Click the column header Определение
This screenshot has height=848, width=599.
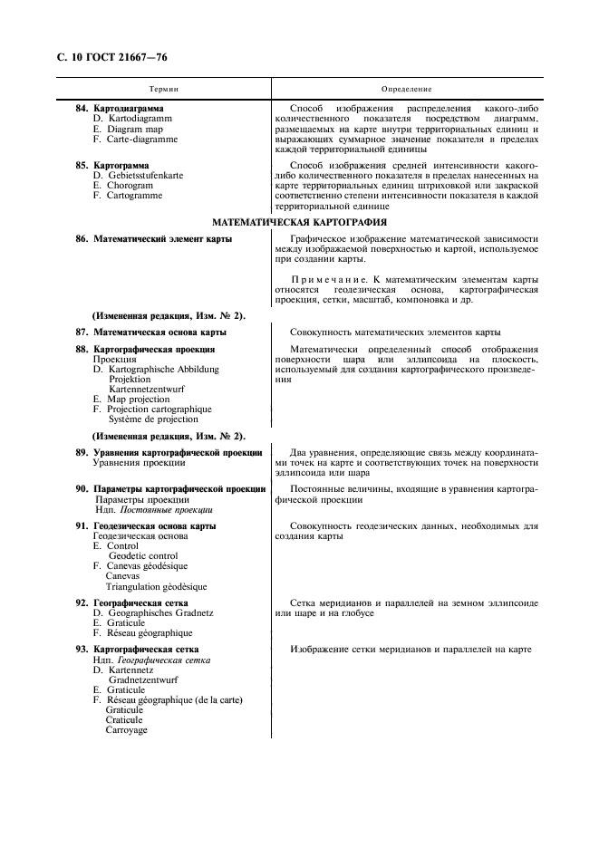click(406, 89)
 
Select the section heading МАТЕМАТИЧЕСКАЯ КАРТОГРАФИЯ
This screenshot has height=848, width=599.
click(299, 222)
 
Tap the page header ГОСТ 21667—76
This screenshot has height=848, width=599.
click(124, 58)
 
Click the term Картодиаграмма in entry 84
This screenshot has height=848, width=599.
click(129, 109)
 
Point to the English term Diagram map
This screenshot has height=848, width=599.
click(134, 129)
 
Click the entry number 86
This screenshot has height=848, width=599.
click(82, 239)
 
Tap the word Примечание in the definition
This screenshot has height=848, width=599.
click(328, 280)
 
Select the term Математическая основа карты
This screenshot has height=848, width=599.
click(159, 332)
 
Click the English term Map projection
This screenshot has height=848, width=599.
click(138, 399)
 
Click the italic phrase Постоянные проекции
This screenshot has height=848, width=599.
click(166, 509)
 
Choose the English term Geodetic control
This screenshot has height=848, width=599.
click(143, 556)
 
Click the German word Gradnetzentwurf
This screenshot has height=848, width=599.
click(143, 679)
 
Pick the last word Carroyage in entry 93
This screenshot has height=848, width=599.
click(126, 730)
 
